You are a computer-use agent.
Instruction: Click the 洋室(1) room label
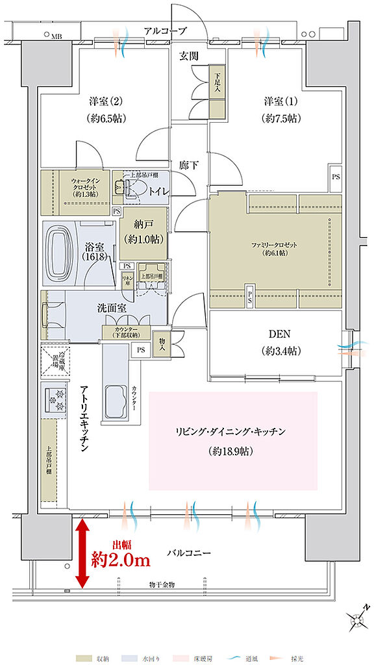coord(273,102)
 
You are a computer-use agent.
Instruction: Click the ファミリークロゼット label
coord(273,245)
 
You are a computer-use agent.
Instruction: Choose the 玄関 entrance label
coord(189,56)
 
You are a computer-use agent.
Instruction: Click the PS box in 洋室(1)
coord(335,177)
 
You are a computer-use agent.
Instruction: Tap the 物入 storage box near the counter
coord(160,342)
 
